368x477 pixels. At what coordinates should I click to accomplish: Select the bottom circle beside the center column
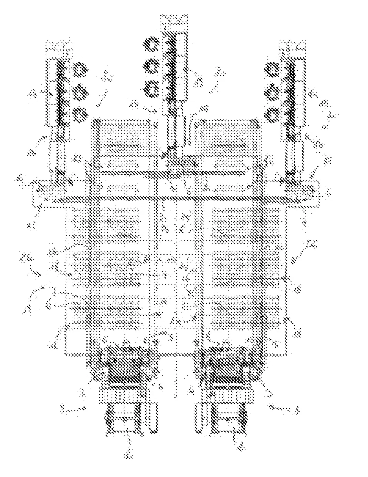point(151,88)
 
